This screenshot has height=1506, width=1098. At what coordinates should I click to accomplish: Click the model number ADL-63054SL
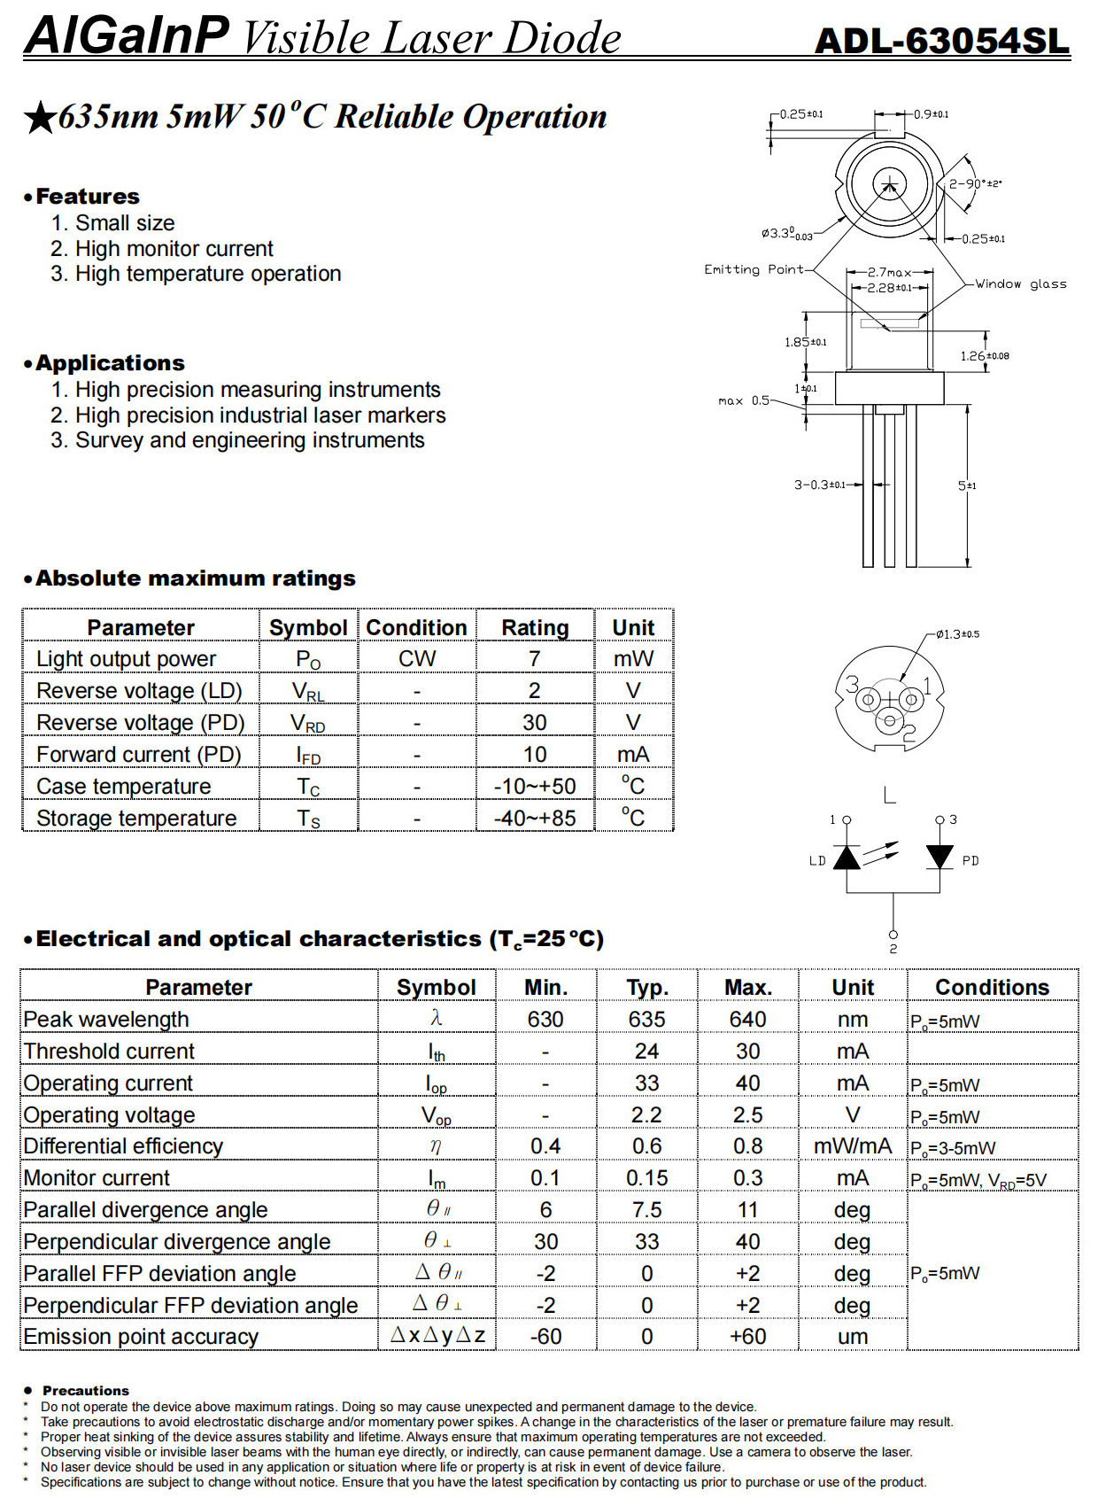click(x=941, y=41)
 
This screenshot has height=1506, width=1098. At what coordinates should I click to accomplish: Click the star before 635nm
click(x=40, y=118)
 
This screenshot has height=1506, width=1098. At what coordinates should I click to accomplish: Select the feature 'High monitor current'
click(x=174, y=249)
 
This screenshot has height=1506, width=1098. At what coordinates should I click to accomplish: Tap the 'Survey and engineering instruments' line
click(x=249, y=440)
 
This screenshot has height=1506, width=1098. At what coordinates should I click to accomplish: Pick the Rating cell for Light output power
click(x=535, y=659)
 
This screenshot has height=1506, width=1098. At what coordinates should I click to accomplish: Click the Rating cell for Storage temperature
click(x=535, y=818)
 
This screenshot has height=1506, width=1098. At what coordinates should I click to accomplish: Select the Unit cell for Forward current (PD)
click(x=633, y=755)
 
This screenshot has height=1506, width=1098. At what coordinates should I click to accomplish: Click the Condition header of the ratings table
click(x=416, y=627)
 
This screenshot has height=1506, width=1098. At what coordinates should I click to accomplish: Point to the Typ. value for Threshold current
click(x=646, y=1052)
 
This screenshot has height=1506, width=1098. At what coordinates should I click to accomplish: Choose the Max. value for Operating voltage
click(x=747, y=1115)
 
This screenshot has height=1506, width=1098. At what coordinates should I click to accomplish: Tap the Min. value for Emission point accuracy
click(x=545, y=1337)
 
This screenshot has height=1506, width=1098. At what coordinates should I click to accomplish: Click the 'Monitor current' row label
click(x=97, y=1178)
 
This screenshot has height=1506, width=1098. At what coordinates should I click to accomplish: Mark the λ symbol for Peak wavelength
click(x=436, y=1019)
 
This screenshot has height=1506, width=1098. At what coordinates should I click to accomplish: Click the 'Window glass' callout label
click(x=1020, y=284)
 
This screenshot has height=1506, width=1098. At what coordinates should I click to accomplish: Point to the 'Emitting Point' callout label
click(x=754, y=269)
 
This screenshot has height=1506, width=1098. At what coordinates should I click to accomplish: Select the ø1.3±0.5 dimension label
click(x=957, y=634)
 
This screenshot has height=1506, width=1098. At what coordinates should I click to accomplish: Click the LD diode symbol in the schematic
click(x=847, y=858)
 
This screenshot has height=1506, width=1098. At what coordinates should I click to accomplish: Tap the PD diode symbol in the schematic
click(x=939, y=857)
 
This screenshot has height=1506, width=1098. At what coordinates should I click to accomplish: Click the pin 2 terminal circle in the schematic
click(x=893, y=935)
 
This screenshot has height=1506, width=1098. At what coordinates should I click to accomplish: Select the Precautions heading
click(x=86, y=1391)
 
